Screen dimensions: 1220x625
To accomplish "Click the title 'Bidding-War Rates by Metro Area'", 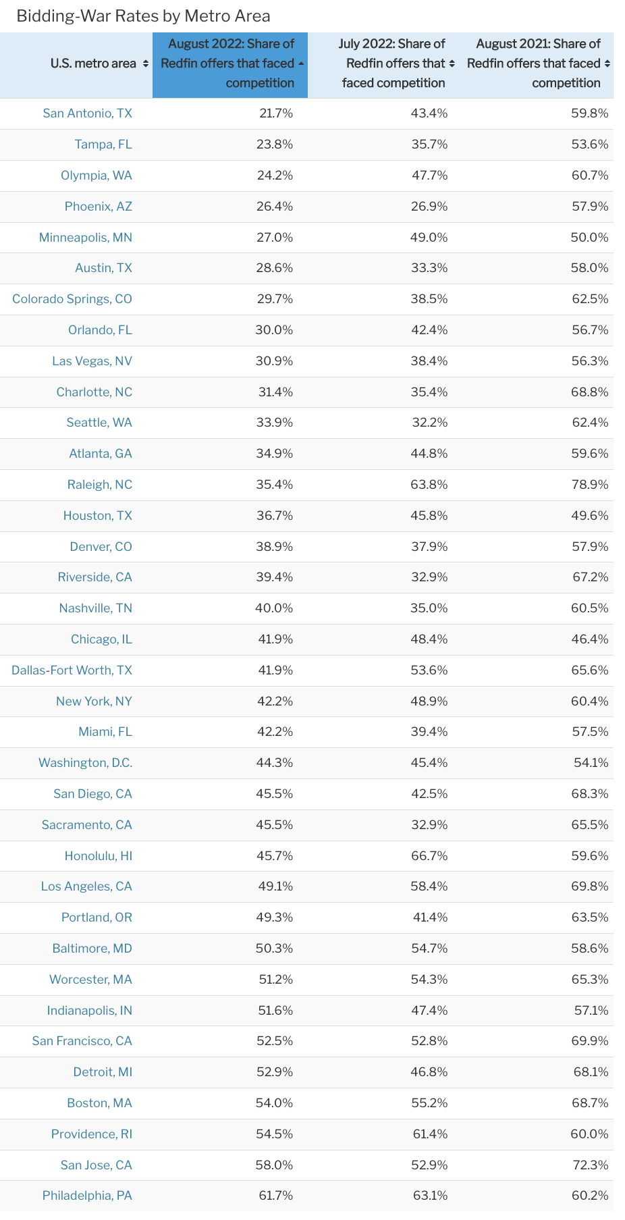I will coord(143,16).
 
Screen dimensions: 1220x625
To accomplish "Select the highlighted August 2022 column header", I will coord(230,63).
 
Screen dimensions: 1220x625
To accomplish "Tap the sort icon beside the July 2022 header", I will coord(452,63).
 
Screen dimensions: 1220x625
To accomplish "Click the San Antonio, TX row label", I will coord(88,113).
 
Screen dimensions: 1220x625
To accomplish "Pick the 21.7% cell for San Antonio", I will coord(276,113).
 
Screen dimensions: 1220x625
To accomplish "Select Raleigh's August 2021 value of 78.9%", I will coord(589,485).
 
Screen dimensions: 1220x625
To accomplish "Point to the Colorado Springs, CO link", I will coord(72,299).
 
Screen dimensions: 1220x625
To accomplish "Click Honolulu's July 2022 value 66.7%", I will coord(429,856).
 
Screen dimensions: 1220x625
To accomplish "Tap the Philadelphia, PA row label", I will coord(87,1196).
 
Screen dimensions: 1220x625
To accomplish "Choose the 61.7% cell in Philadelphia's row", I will coord(276,1196).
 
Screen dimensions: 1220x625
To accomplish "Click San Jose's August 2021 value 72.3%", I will coord(589,1165).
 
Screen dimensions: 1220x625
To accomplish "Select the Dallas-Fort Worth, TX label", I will coord(72,670).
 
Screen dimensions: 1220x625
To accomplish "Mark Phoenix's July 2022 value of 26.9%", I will coord(429,207).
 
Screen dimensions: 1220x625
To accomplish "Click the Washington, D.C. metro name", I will coord(86,763).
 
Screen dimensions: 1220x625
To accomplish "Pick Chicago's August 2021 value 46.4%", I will coord(589,639).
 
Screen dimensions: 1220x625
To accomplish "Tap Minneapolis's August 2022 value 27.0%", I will coord(276,238).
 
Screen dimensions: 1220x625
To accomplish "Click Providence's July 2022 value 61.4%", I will coord(429,1134).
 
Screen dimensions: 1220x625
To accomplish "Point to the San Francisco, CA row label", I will coord(82,1041).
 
